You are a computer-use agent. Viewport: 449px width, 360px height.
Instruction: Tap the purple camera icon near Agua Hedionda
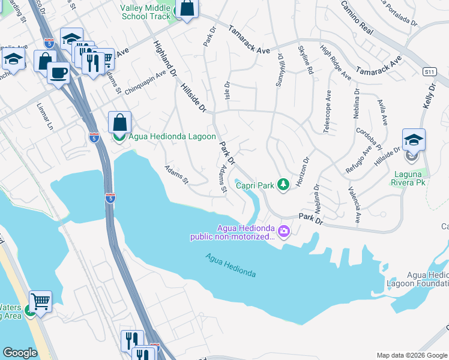click(x=283, y=231)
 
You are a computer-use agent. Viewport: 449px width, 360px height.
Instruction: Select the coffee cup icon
click(x=58, y=73)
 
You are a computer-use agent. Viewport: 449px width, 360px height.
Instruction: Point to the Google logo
click(x=20, y=353)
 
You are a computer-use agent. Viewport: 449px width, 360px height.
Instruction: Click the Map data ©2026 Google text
click(x=411, y=355)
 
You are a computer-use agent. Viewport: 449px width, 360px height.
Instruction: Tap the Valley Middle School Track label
click(x=146, y=12)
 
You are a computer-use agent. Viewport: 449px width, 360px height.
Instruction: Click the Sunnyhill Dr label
click(x=279, y=71)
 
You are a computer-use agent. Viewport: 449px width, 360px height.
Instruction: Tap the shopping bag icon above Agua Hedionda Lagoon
click(x=119, y=122)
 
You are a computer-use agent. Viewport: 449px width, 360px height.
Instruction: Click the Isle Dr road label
click(x=227, y=91)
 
